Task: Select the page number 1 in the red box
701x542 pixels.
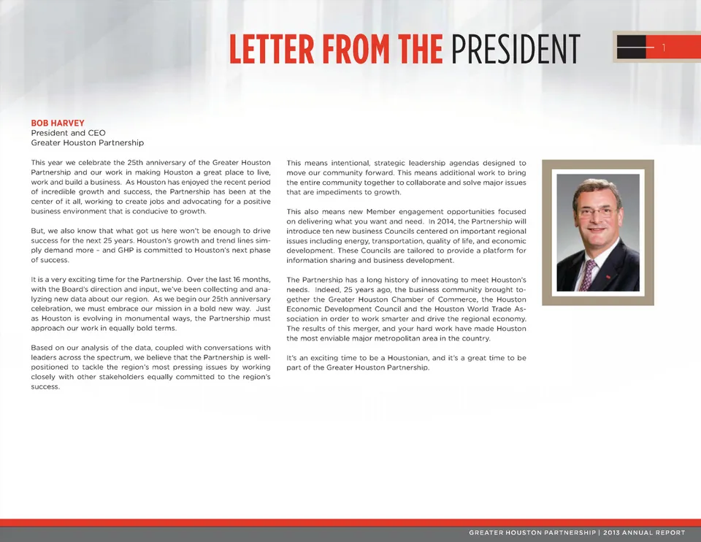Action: click(664, 48)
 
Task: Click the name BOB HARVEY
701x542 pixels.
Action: click(58, 123)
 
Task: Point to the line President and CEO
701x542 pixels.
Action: click(68, 133)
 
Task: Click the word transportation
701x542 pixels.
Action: click(404, 241)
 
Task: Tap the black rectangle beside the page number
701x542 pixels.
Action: click(632, 48)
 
